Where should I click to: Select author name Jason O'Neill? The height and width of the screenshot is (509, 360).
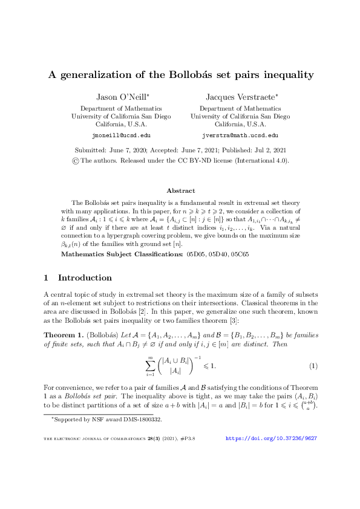(121, 97)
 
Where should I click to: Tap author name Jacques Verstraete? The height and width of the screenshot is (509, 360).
(240, 97)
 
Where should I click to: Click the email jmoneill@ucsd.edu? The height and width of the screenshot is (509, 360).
(121, 136)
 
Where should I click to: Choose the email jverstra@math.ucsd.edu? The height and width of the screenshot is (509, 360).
(240, 136)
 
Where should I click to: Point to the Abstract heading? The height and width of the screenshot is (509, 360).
(180, 190)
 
